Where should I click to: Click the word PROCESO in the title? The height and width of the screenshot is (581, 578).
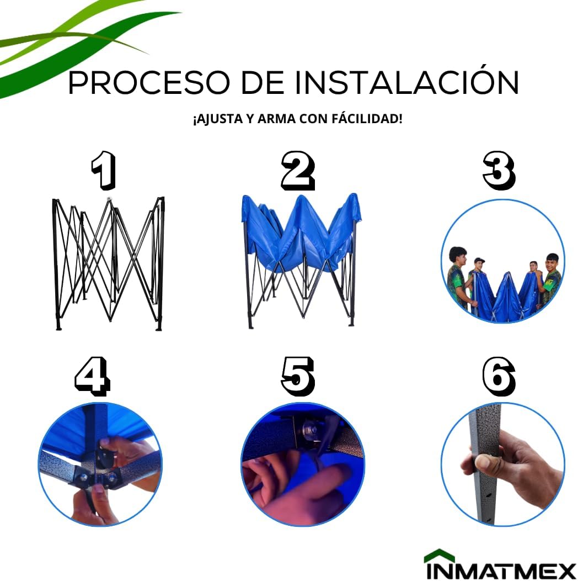[x=148, y=82]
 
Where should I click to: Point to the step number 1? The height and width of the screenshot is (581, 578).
[x=104, y=171]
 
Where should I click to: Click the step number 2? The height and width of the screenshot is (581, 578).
[x=298, y=171]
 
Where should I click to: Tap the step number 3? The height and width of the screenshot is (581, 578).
[x=499, y=171]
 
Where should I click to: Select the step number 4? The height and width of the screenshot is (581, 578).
[x=93, y=376]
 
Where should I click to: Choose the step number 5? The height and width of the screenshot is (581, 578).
[x=298, y=376]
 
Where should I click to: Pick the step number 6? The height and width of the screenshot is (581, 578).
[x=499, y=376]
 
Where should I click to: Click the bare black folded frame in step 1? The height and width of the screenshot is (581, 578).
[x=108, y=263]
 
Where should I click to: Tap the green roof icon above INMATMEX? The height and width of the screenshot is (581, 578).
[x=439, y=556]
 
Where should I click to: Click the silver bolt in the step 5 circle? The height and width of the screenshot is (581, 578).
[x=308, y=430]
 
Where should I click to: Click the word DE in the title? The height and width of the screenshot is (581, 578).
[x=263, y=82]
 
